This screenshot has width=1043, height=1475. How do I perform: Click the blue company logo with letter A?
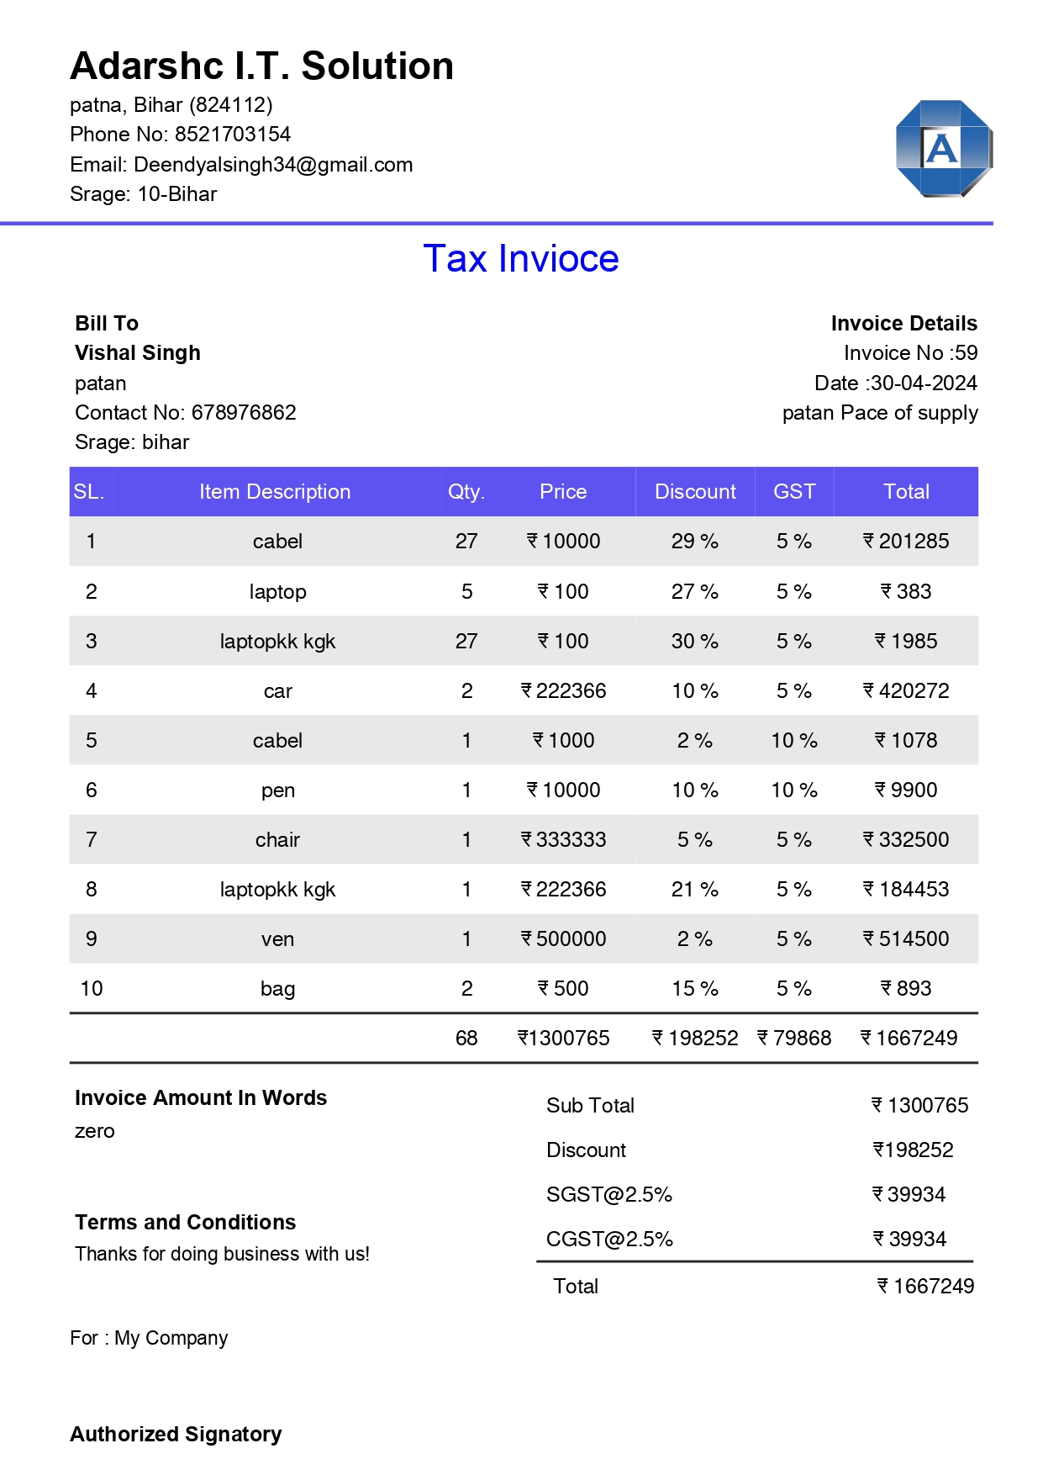(944, 149)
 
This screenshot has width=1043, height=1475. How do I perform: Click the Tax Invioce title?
(521, 259)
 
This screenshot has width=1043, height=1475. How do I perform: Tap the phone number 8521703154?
(233, 135)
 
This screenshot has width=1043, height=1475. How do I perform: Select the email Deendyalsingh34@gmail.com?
(273, 165)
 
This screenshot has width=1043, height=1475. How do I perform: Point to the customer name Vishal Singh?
(138, 353)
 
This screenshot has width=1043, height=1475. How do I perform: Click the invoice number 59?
(967, 353)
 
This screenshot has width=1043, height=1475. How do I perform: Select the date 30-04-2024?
(924, 383)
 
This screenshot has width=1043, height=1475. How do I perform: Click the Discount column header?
(695, 492)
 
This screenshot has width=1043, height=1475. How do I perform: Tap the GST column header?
(794, 492)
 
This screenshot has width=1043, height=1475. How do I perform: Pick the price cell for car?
(563, 691)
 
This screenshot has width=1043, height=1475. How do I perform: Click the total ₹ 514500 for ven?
(906, 939)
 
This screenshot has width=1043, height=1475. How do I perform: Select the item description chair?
(277, 840)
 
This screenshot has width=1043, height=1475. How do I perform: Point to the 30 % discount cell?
(694, 642)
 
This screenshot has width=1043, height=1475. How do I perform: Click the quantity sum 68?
(466, 1039)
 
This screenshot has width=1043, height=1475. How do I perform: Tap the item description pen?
(277, 790)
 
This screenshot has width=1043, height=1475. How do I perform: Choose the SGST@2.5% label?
(608, 1195)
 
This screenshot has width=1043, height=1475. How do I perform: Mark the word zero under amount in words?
(94, 1132)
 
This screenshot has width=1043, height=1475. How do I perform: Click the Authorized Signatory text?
(176, 1435)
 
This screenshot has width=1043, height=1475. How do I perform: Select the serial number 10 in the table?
(92, 989)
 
